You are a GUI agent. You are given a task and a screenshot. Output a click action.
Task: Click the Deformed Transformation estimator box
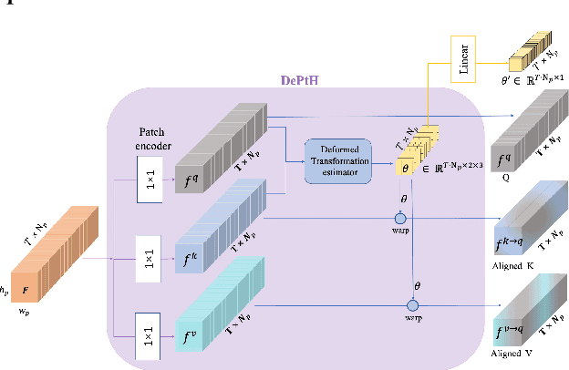point(340,161)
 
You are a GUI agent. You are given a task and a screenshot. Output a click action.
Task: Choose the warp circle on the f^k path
point(398,219)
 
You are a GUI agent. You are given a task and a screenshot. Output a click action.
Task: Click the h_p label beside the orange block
point(5,291)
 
